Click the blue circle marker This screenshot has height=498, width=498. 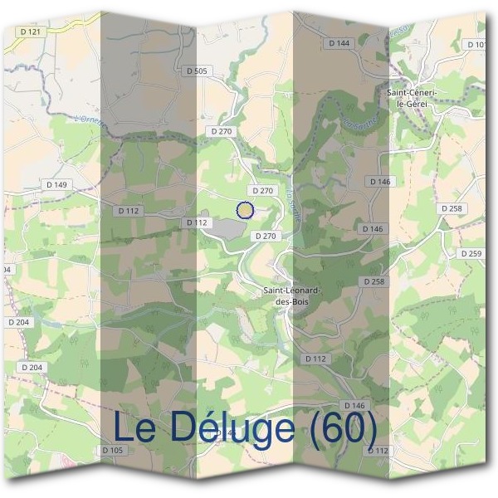click(244, 210)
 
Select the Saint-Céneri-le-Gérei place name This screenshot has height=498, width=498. click(412, 97)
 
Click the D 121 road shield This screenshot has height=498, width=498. click(31, 32)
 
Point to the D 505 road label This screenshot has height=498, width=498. click(197, 71)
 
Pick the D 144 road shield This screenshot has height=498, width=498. click(339, 42)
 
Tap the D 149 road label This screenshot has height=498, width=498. click(57, 184)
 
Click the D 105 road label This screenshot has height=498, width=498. click(113, 450)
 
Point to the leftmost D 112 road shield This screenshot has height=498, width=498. click(129, 211)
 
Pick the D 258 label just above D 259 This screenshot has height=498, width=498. click(452, 208)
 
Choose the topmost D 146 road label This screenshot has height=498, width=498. click(378, 181)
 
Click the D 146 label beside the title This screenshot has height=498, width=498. click(354, 405)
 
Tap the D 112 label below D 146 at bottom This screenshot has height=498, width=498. click(377, 450)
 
